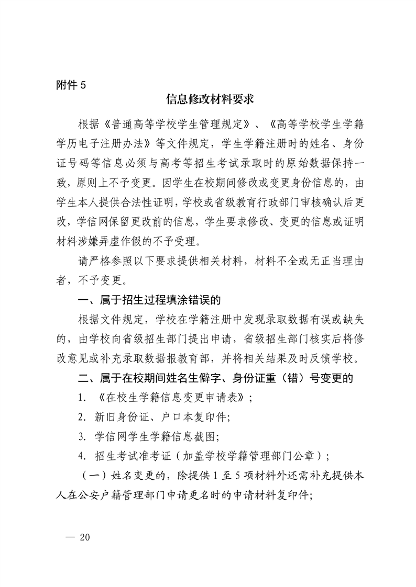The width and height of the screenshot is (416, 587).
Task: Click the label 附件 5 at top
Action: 70,85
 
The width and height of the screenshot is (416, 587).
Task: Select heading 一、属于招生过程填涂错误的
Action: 148,300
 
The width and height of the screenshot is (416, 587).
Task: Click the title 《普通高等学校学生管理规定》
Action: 176,126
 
